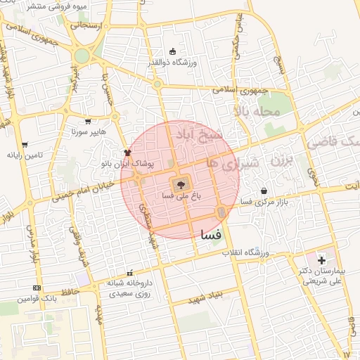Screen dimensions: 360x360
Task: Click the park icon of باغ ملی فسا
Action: [179, 185]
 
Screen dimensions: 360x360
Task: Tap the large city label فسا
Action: [211, 233]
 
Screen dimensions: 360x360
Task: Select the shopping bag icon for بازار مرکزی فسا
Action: [264, 190]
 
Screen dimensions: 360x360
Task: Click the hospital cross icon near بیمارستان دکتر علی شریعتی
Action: [321, 261]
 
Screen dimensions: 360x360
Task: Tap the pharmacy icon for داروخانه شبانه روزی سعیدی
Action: [129, 273]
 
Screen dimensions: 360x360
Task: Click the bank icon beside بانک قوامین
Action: [37, 288]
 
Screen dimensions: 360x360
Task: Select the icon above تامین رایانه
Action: [25, 144]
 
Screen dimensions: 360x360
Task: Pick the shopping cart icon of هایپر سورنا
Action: [88, 121]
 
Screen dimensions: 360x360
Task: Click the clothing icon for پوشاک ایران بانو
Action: [127, 152]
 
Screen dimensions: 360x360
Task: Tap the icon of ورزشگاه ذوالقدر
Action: [173, 51]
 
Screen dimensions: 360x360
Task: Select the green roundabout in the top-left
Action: [82, 56]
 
